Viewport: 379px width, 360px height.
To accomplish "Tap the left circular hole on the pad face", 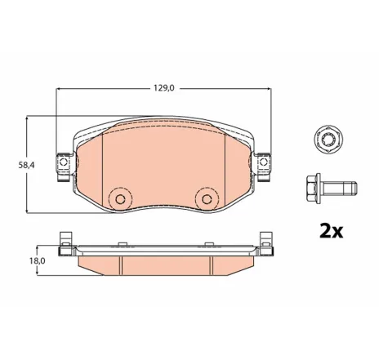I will pyautogui.click(x=121, y=198).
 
